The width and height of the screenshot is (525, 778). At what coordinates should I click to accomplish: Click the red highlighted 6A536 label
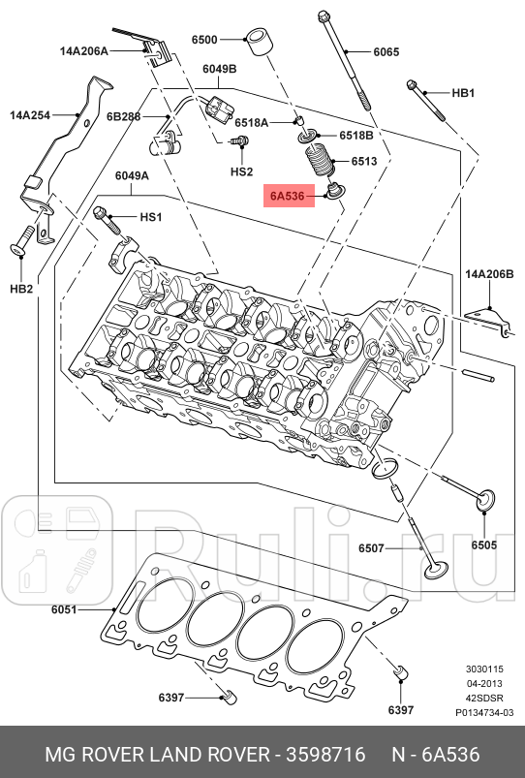pyautogui.click(x=288, y=198)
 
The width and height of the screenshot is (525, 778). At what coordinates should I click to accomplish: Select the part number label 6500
pyautogui.click(x=204, y=40)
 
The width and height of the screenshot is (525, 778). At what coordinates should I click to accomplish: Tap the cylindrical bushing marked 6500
pyautogui.click(x=259, y=44)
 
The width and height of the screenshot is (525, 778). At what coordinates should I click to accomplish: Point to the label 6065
pyautogui.click(x=386, y=52)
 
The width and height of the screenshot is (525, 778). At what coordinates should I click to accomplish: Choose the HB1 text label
pyautogui.click(x=463, y=93)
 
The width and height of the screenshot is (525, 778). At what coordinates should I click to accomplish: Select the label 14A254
pyautogui.click(x=29, y=114)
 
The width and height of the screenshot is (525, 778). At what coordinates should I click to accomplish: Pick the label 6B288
pyautogui.click(x=126, y=116)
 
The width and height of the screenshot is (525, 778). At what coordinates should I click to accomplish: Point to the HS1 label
pyautogui.click(x=151, y=218)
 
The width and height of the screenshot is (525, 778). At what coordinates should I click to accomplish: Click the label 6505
pyautogui.click(x=484, y=545)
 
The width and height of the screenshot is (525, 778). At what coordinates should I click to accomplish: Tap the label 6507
pyautogui.click(x=371, y=548)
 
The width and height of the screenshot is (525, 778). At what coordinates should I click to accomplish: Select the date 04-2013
pyautogui.click(x=482, y=683)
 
